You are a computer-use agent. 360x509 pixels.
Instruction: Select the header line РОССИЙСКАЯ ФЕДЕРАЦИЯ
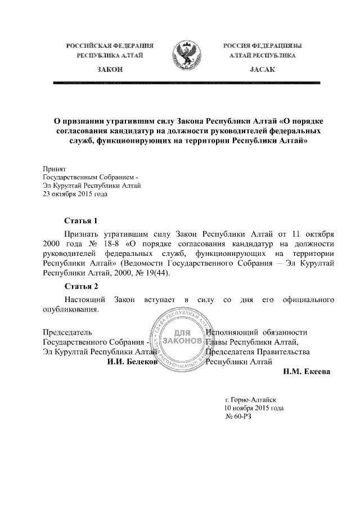tap(110, 44)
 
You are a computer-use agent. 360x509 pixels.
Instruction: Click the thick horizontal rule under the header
tap(186, 83)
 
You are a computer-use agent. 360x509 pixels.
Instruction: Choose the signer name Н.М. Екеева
tap(303, 371)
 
